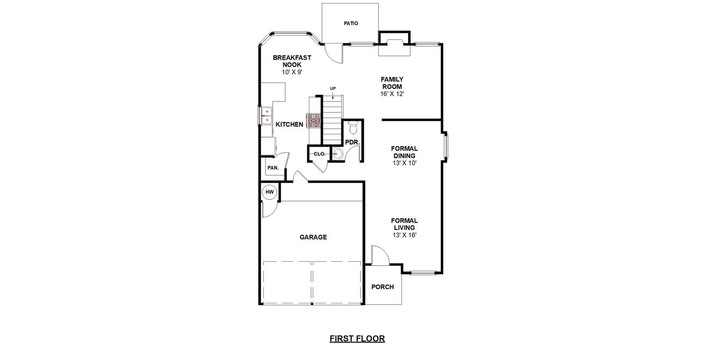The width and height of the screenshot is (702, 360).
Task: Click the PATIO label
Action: tap(351, 23)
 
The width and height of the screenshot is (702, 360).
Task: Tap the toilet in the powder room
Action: tap(353, 127)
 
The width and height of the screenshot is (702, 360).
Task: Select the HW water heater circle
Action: tap(269, 192)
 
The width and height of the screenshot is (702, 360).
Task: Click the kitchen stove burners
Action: tap(314, 120)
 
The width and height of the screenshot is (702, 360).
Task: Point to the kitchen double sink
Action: tap(267, 115)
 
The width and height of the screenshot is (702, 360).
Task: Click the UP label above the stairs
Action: tap(333, 88)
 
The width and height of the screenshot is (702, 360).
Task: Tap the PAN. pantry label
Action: tap(273, 168)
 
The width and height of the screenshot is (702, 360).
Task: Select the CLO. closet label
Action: tap(320, 154)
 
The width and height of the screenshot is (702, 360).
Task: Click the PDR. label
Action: tap(353, 142)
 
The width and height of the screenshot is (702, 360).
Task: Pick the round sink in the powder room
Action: tap(338, 154)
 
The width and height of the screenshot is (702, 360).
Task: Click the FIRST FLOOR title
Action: tap(357, 338)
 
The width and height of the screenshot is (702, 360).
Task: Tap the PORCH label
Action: tap(383, 287)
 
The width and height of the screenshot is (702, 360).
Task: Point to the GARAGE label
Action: tap(313, 237)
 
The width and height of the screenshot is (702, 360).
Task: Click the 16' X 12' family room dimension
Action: tap(392, 94)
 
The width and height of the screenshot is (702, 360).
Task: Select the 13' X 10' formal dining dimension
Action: tap(404, 163)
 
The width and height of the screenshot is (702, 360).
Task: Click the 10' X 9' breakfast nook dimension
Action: tap(292, 72)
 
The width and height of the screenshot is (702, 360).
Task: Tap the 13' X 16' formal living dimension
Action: tap(404, 235)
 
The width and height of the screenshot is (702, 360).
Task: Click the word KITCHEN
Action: tap(290, 125)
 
